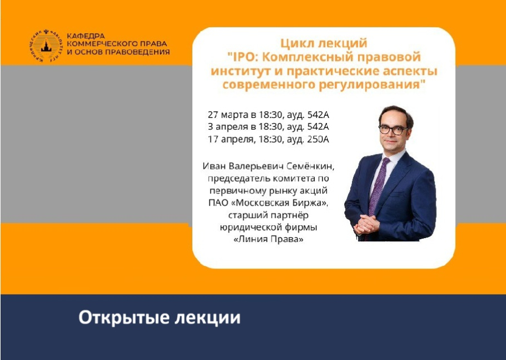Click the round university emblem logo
[x=47, y=45]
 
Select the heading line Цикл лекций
[x=324, y=43]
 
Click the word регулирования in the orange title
[x=370, y=85]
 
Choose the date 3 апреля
[x=228, y=127]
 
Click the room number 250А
[x=316, y=139]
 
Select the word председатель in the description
[x=237, y=178]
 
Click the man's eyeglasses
[x=393, y=130]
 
